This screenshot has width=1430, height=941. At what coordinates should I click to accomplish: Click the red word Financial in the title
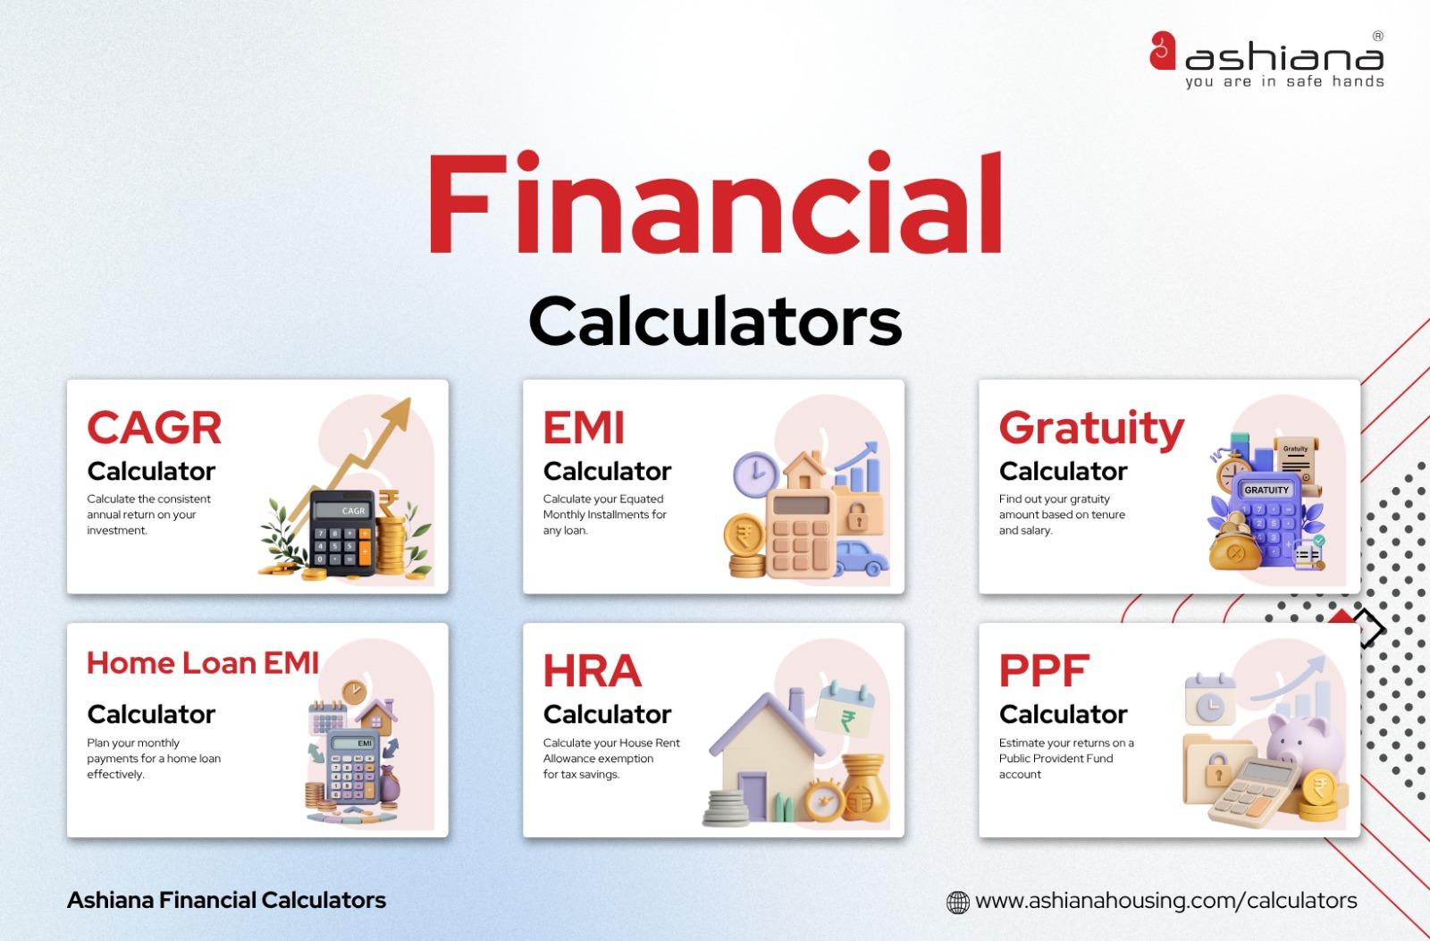[714, 203]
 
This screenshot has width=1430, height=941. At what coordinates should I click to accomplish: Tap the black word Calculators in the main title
[715, 322]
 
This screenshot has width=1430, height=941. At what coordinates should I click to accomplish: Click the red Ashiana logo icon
[1163, 50]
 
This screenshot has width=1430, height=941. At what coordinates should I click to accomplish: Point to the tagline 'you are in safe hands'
[1284, 81]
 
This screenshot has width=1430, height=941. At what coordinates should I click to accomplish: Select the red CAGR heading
[154, 428]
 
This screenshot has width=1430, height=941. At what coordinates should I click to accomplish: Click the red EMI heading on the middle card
[584, 428]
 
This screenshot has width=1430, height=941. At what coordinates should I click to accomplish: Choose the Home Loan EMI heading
[203, 663]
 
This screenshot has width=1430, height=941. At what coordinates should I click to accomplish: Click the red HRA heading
[593, 671]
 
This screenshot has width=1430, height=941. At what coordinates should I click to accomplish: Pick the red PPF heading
[1044, 671]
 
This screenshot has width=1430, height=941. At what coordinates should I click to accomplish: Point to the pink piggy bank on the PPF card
[1305, 742]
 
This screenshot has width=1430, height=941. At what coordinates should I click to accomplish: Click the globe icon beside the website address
[957, 902]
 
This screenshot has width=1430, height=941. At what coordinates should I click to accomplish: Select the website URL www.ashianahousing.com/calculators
[1165, 901]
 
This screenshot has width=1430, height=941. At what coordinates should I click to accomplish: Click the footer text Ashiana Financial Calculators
[227, 900]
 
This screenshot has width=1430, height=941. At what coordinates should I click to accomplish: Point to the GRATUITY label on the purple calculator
[1266, 490]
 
